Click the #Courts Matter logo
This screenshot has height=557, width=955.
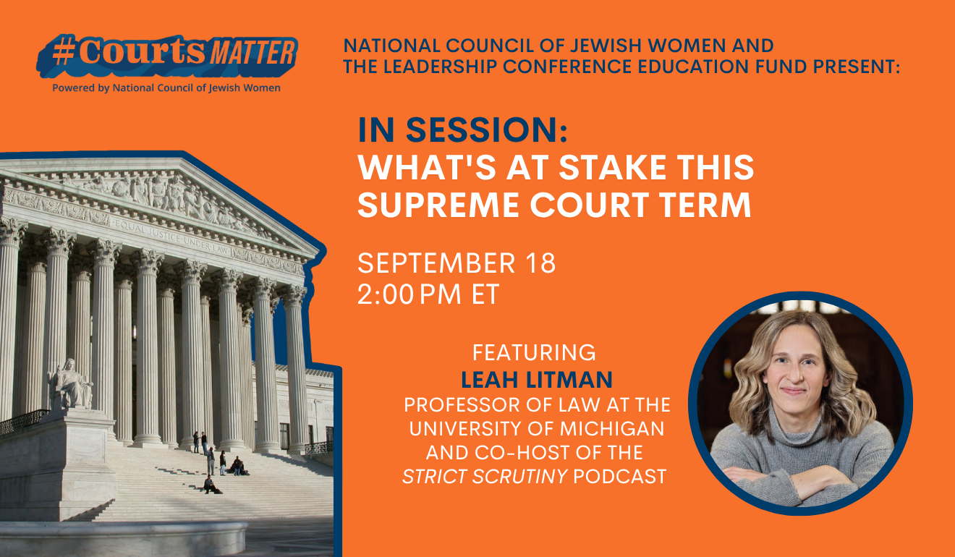167,56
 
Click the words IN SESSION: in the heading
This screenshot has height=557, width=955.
463,129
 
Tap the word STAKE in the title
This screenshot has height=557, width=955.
612,167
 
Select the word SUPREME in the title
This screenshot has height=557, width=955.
438,205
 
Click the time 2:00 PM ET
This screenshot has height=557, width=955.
428,294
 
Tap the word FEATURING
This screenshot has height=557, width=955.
534,352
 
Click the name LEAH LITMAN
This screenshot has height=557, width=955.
536,380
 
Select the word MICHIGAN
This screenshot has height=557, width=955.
612,428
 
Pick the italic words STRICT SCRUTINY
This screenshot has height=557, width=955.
485,477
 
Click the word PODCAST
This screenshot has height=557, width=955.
619,477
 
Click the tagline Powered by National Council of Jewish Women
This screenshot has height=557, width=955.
166,88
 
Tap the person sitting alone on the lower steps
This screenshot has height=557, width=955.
211,485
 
